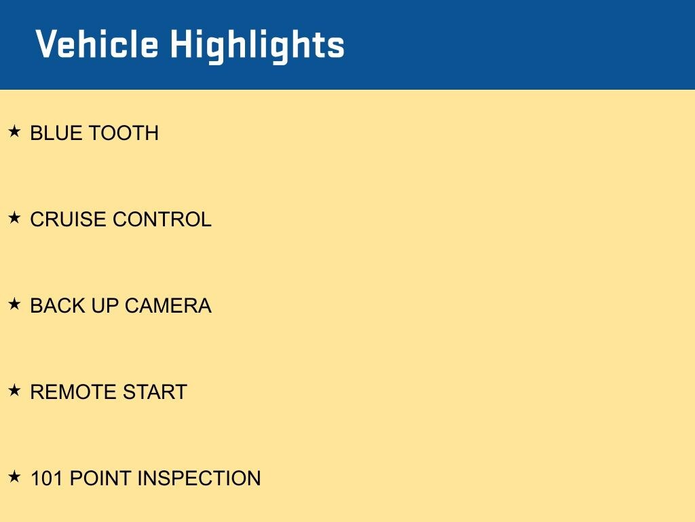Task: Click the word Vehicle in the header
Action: pos(96,43)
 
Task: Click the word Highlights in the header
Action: pos(257,46)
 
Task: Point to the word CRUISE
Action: pos(68,220)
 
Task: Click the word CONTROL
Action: pos(162,220)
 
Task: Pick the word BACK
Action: pos(58,306)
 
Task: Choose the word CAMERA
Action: pos(168,306)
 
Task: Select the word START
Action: pos(155,392)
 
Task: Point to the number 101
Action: pos(47,478)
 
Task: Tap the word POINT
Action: pos(100,478)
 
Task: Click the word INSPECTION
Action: pos(200,478)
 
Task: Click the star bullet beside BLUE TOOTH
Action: pos(15,131)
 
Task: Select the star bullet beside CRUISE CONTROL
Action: pos(15,217)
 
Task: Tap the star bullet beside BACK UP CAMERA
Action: pos(15,304)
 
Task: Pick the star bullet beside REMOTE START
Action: pos(15,390)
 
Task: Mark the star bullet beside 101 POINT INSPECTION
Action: pos(15,476)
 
